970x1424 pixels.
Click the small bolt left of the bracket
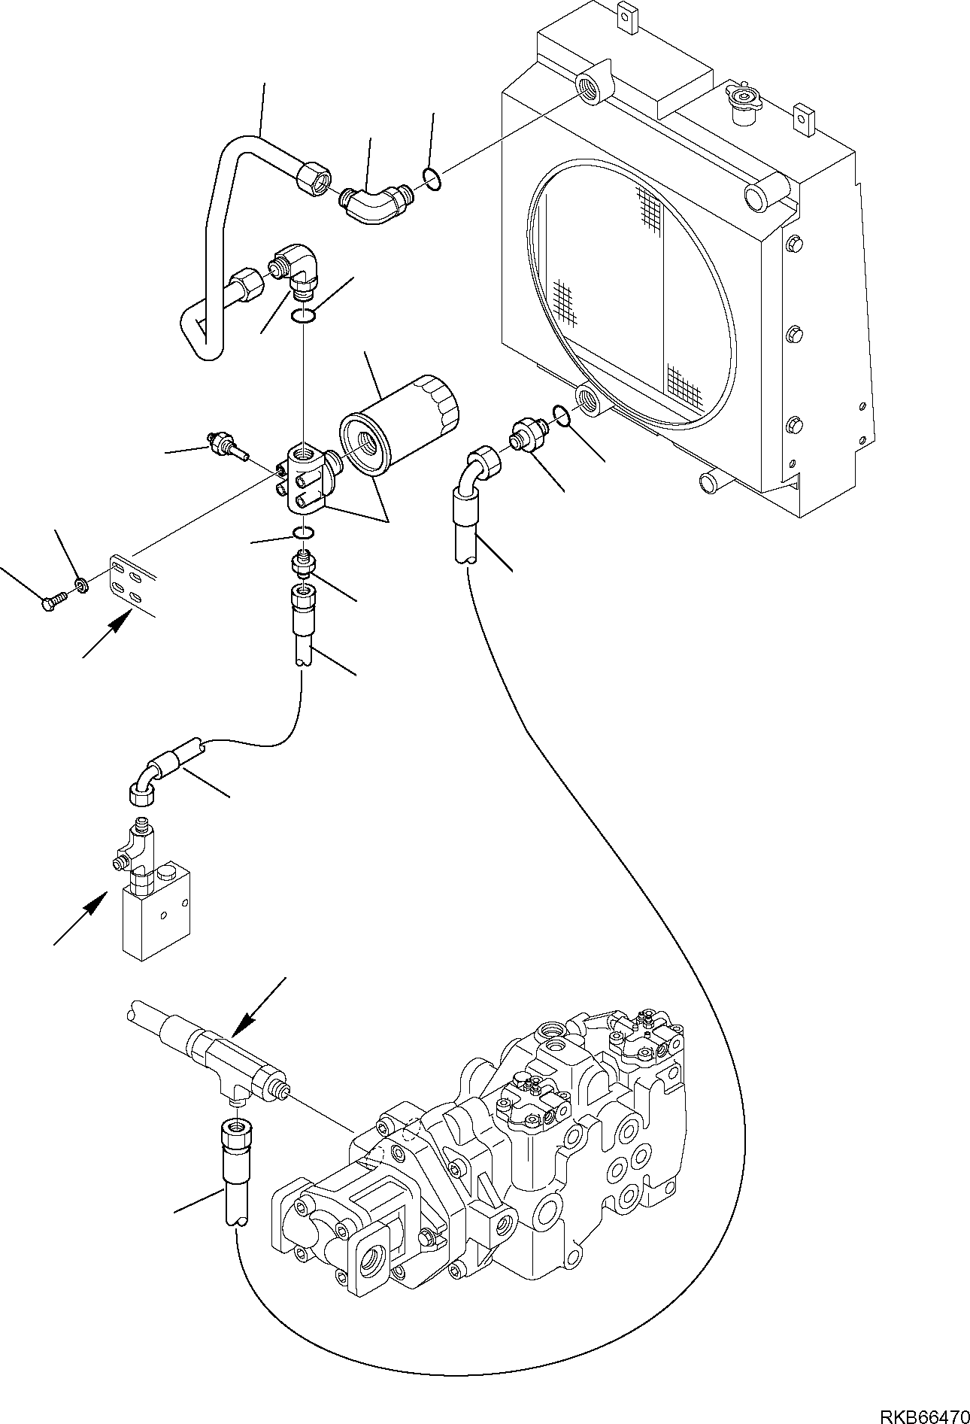click(x=52, y=603)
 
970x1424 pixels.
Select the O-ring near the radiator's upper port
click(x=432, y=179)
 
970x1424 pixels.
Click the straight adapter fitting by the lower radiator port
click(x=525, y=437)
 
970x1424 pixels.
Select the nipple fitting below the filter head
click(x=303, y=563)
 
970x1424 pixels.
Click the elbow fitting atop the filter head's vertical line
click(x=300, y=272)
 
